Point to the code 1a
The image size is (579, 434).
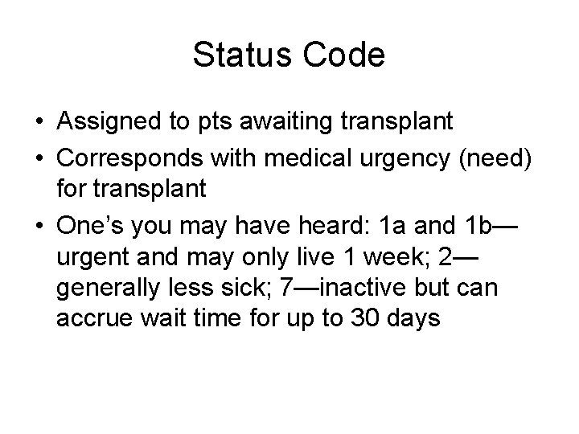(x=392, y=227)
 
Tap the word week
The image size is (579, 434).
(x=381, y=257)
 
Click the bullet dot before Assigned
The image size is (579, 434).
(x=39, y=123)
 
